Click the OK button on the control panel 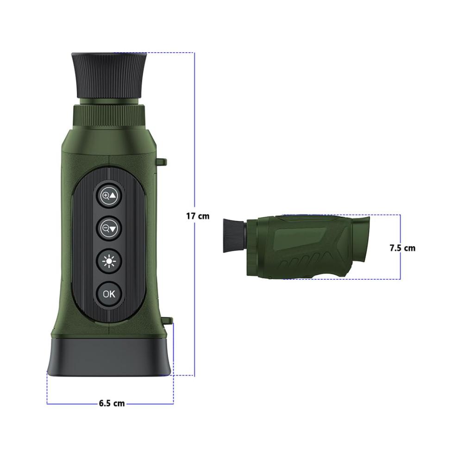pyautogui.click(x=109, y=294)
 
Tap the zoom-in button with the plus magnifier pyautogui.click(x=109, y=195)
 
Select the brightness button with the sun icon pyautogui.click(x=109, y=261)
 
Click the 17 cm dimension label pyautogui.click(x=198, y=216)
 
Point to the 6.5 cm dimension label pyautogui.click(x=112, y=403)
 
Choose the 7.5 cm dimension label pyautogui.click(x=402, y=248)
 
